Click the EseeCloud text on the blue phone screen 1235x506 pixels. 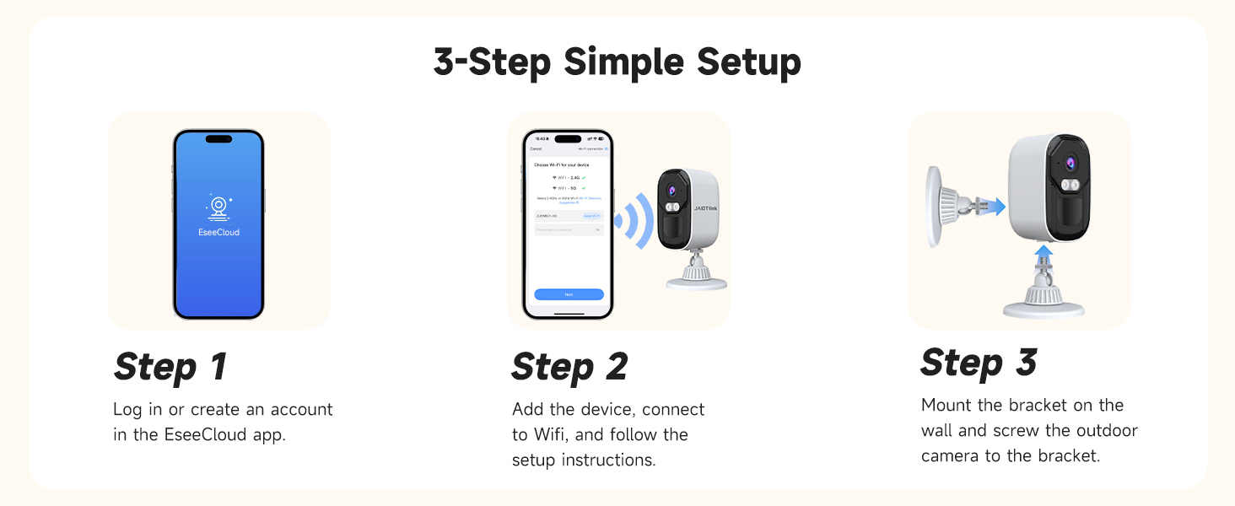[218, 232]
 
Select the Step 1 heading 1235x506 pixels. [170, 367]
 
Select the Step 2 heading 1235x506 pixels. [569, 367]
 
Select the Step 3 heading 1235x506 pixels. [979, 363]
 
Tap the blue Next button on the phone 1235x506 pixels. [569, 294]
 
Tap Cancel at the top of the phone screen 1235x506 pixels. [536, 148]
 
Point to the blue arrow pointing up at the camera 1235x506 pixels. [1044, 252]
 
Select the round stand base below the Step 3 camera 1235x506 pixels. [1043, 304]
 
